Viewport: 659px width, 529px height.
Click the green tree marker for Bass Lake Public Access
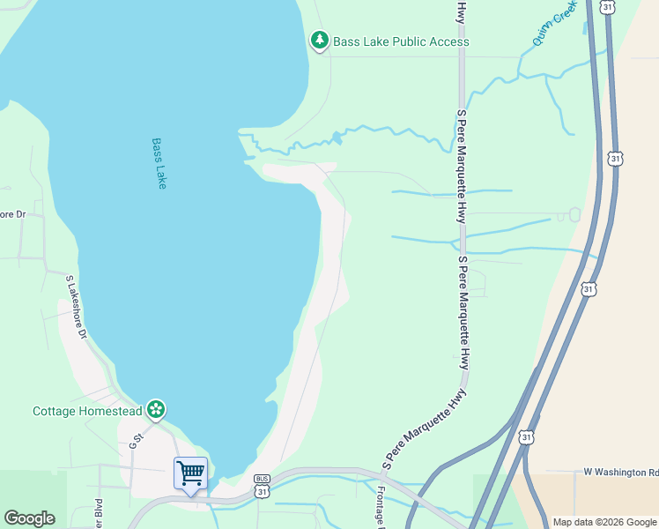(x=319, y=41)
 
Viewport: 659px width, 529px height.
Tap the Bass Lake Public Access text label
(x=400, y=41)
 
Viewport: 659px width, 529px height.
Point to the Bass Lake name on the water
(x=159, y=162)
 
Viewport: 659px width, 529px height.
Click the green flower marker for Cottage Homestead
(x=156, y=409)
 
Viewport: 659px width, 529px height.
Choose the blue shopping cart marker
(x=190, y=473)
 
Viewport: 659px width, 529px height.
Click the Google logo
(x=29, y=518)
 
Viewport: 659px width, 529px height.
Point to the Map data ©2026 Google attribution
(x=604, y=522)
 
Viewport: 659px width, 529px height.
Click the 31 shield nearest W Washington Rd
(x=526, y=436)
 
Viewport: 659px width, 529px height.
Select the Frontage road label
(x=381, y=507)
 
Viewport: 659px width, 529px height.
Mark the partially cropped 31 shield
(x=607, y=6)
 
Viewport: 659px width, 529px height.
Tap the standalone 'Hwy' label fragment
(x=460, y=11)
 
